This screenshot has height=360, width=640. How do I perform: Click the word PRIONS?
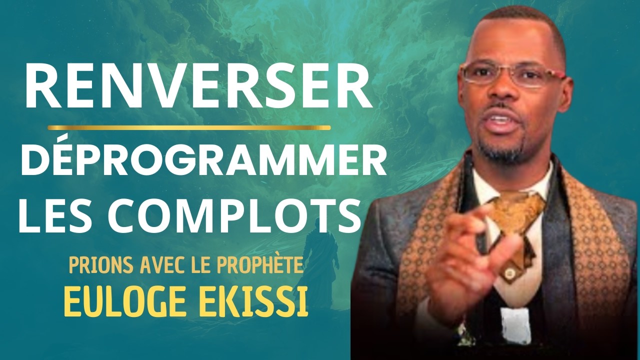point(95,265)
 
